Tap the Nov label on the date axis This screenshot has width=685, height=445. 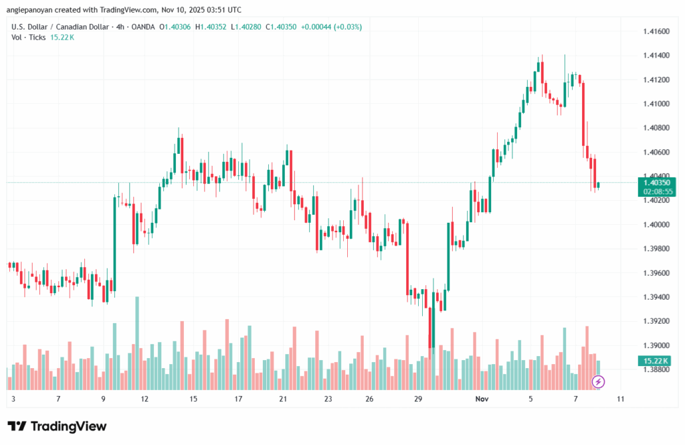coord(481,399)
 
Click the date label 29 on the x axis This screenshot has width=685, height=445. coord(417,399)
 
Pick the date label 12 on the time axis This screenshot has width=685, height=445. coord(144,399)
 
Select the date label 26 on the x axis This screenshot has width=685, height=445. coord(369,399)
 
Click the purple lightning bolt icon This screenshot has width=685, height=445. coord(599,381)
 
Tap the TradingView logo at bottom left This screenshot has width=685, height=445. coord(57,426)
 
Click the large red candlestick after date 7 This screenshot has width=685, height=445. coord(583,114)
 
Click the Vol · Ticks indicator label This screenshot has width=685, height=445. coord(29,37)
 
